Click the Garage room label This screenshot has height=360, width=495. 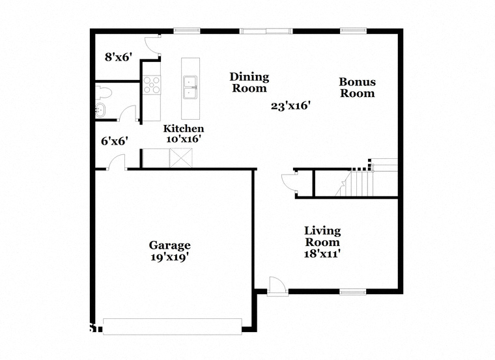[x=169, y=245]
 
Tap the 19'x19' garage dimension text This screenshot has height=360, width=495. [x=169, y=257]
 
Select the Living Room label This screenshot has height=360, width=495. [x=322, y=236]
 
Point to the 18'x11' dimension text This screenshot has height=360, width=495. [x=322, y=254]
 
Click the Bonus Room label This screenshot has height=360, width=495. [x=358, y=87]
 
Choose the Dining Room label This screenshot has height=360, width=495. [x=249, y=82]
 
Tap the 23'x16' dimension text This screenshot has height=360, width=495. [x=289, y=105]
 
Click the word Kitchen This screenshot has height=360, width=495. [x=184, y=129]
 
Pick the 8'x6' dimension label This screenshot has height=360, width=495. [x=118, y=57]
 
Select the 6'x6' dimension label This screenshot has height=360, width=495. [x=114, y=141]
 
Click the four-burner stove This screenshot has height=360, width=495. [x=152, y=85]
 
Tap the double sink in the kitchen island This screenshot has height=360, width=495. [x=190, y=87]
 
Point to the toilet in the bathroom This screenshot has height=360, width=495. [x=104, y=92]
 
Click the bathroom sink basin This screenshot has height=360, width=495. [x=100, y=111]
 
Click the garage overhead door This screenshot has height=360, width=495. [x=173, y=327]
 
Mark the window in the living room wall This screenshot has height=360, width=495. [x=353, y=292]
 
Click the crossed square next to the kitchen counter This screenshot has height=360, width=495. [x=181, y=158]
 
